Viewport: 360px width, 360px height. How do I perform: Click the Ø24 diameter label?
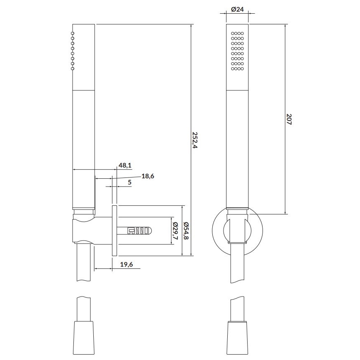[x=236, y=10]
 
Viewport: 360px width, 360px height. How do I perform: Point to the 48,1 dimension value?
[x=125, y=165]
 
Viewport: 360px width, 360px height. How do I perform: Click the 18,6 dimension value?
[x=148, y=176]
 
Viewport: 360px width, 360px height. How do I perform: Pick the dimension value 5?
[x=129, y=182]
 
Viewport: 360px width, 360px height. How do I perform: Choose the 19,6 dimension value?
[x=125, y=265]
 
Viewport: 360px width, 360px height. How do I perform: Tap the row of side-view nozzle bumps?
[x=73, y=51]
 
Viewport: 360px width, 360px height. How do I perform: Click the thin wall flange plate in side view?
[x=115, y=231]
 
